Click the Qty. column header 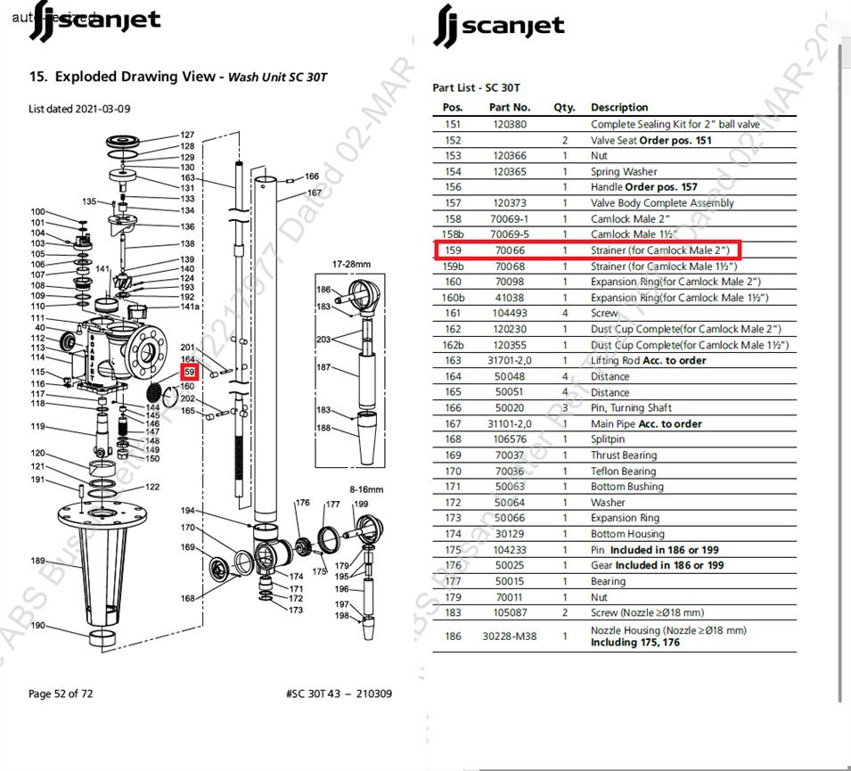pyautogui.click(x=564, y=107)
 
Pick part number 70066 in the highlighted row pyautogui.click(x=510, y=250)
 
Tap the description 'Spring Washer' pyautogui.click(x=624, y=171)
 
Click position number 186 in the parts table pyautogui.click(x=453, y=636)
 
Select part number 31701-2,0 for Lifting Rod pyautogui.click(x=510, y=360)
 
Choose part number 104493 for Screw pyautogui.click(x=510, y=313)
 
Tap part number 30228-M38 pyautogui.click(x=510, y=636)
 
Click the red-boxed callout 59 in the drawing pyautogui.click(x=189, y=372)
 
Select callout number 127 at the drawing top pyautogui.click(x=187, y=135)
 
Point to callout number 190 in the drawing pyautogui.click(x=37, y=626)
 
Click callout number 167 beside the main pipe pyautogui.click(x=315, y=193)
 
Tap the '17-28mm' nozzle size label pyautogui.click(x=350, y=265)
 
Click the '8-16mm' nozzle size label pyautogui.click(x=366, y=489)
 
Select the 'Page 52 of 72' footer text pyautogui.click(x=61, y=693)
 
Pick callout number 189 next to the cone pyautogui.click(x=37, y=561)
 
